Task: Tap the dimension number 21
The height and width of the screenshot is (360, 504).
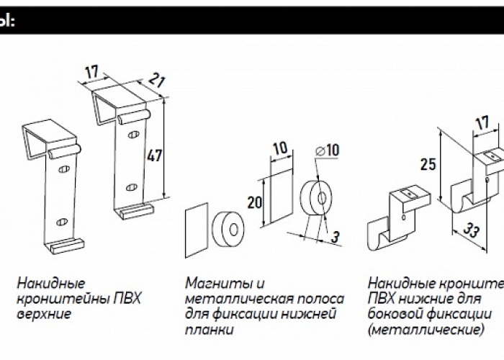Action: point(158,80)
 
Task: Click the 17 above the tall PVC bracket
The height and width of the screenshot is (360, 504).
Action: point(91,72)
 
